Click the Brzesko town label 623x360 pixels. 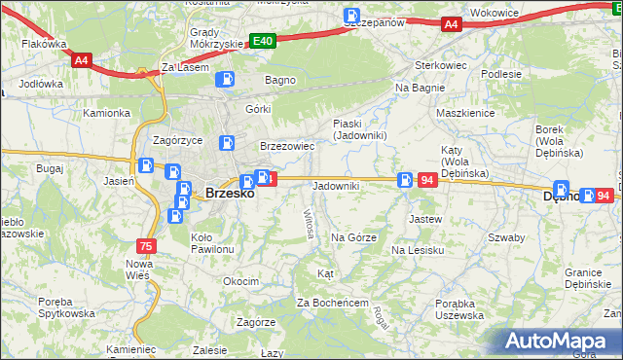coord(230,194)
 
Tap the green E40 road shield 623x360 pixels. coord(262,41)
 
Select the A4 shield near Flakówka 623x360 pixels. coord(82,60)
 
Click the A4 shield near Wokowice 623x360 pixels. coord(450,24)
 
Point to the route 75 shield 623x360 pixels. coord(146,246)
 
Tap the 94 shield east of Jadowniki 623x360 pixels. coord(426,180)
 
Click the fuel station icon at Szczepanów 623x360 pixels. coord(351,16)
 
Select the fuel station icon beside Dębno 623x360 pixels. coord(562,190)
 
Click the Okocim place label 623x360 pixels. coord(240,281)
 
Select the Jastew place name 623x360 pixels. coord(426,219)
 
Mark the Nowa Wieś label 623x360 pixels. coord(140,270)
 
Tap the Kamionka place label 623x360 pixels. coord(106,113)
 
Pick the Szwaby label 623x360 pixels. coord(506,237)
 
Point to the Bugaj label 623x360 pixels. coord(50,168)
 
